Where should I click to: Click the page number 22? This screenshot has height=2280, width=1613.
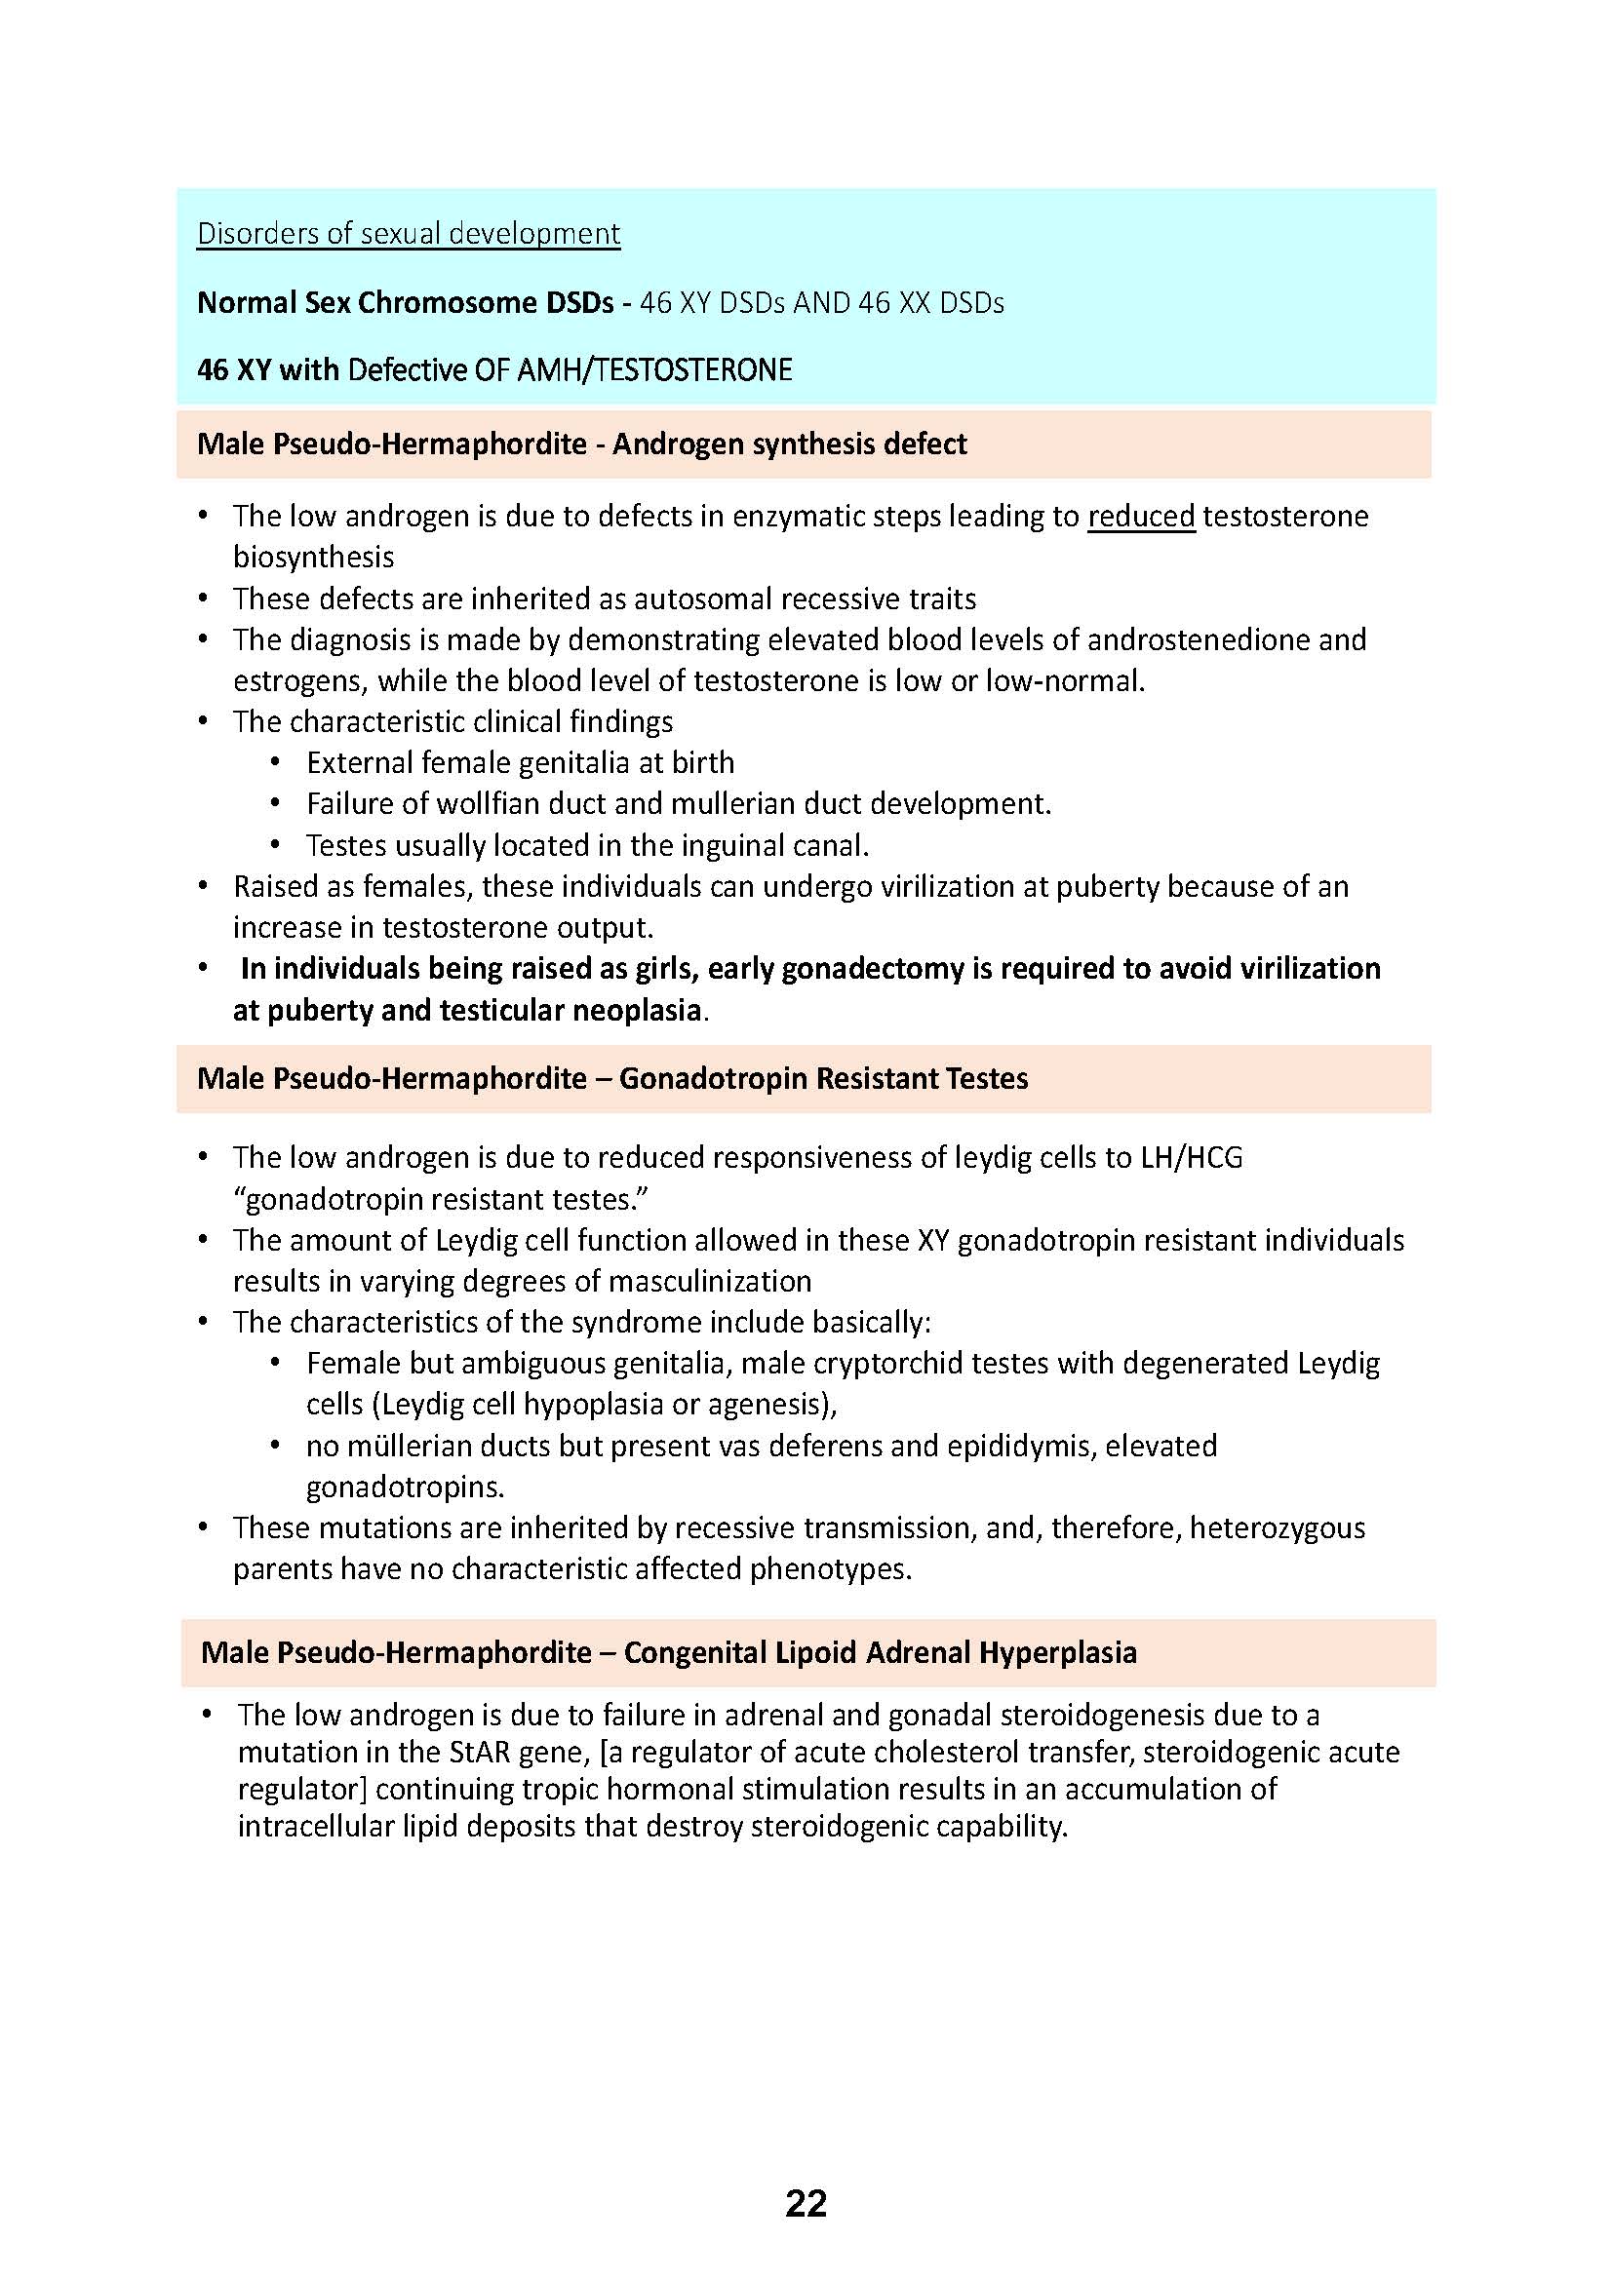click(806, 2204)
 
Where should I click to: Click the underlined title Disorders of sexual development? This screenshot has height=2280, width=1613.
click(409, 233)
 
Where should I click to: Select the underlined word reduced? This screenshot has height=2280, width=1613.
click(1141, 517)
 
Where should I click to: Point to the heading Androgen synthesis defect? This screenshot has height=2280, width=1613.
click(790, 444)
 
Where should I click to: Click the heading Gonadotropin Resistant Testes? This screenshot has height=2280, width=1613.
click(823, 1078)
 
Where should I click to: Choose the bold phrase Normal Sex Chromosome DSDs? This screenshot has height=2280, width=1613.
click(406, 303)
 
